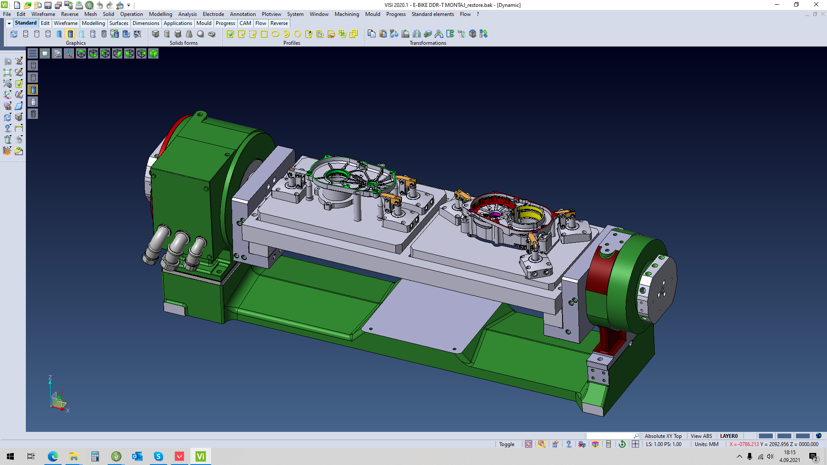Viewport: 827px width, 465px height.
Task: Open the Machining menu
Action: coord(347,14)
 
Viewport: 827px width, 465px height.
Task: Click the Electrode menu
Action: coord(213,14)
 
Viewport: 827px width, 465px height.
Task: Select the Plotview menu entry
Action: coord(271,14)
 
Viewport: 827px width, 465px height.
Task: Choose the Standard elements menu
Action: coord(432,14)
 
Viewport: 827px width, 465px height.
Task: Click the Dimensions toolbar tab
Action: coord(146,23)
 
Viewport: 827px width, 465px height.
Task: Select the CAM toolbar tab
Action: coord(245,23)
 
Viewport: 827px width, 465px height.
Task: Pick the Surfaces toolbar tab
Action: coord(118,23)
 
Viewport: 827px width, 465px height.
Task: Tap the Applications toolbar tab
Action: coord(177,23)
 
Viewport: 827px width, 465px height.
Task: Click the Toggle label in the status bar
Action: coord(507,444)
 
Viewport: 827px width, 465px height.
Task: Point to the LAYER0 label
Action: coord(729,436)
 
